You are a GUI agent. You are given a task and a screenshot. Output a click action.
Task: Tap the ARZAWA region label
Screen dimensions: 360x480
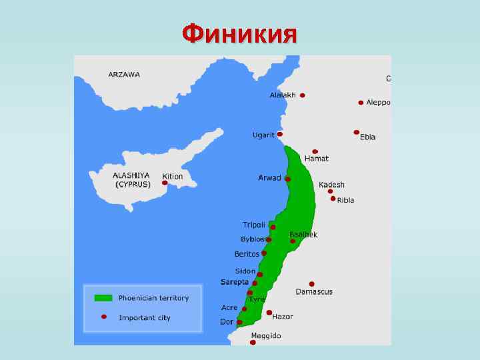124,74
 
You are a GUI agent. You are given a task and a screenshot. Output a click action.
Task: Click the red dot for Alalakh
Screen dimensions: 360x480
302,95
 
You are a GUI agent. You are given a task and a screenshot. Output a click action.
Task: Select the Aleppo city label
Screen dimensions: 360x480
378,103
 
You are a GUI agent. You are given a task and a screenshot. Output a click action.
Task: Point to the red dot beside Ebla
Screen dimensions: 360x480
357,132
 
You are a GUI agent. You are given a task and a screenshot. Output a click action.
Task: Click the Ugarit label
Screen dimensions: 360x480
263,135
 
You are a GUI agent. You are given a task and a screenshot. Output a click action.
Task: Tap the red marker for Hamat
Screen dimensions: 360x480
315,151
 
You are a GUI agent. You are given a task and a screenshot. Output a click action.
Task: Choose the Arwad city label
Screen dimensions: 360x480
269,178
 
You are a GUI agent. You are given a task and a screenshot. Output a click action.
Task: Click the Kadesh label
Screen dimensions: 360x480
331,185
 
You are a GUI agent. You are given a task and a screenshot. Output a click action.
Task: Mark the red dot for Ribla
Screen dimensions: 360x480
333,199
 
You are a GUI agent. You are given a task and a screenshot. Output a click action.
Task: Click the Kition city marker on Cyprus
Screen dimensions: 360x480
165,183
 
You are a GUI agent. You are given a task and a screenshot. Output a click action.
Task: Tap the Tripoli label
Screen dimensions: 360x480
253,225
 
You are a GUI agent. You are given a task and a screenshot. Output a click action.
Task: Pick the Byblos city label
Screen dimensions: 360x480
252,239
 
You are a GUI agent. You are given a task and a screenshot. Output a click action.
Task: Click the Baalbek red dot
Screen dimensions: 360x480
293,241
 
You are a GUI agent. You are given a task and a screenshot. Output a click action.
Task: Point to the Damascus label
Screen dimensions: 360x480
314,292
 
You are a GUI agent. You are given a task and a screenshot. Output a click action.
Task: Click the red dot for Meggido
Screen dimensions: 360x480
253,342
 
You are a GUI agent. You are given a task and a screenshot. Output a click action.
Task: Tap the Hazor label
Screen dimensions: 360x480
282,317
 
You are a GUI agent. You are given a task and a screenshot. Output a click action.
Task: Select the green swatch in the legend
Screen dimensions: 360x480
103,298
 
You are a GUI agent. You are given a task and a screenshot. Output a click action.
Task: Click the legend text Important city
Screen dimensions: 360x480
145,318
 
